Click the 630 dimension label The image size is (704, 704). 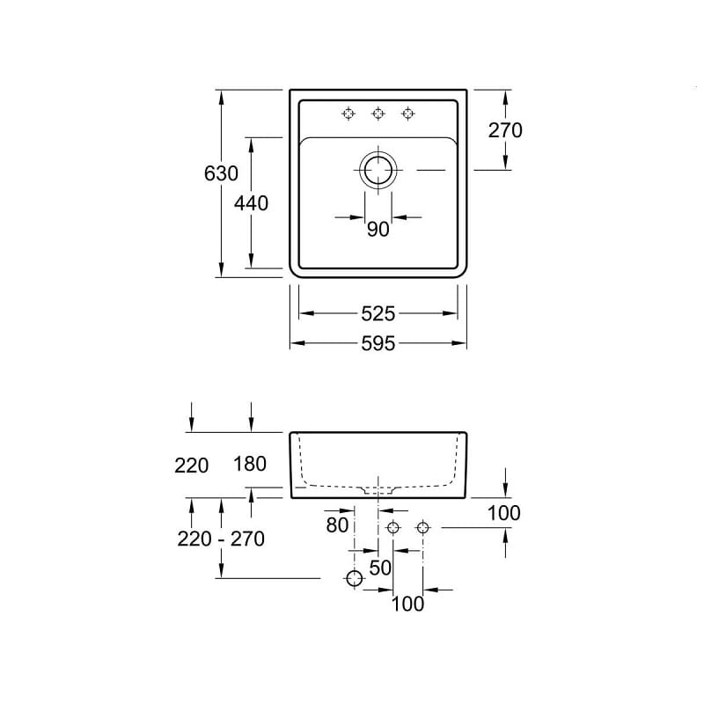(x=221, y=173)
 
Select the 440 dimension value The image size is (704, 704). (x=251, y=203)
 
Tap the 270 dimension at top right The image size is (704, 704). (x=505, y=130)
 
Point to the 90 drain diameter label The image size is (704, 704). (x=378, y=230)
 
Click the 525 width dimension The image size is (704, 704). (x=378, y=314)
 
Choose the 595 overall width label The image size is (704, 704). (x=378, y=344)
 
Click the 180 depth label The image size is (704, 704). (x=250, y=464)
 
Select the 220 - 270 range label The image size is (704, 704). (x=221, y=539)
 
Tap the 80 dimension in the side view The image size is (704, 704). (x=337, y=524)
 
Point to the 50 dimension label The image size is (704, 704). (x=380, y=568)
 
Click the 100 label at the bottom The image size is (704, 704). (x=407, y=604)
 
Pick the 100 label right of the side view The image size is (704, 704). (x=503, y=513)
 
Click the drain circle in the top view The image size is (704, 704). (x=378, y=170)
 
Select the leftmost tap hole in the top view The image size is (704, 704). (x=348, y=114)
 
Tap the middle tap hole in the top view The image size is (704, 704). (x=378, y=114)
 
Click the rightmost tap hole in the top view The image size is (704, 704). (x=407, y=114)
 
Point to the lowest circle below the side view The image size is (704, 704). (x=355, y=578)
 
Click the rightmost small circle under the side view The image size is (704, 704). (x=422, y=527)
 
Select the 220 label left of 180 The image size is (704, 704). (x=191, y=466)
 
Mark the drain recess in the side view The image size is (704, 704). (x=378, y=490)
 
